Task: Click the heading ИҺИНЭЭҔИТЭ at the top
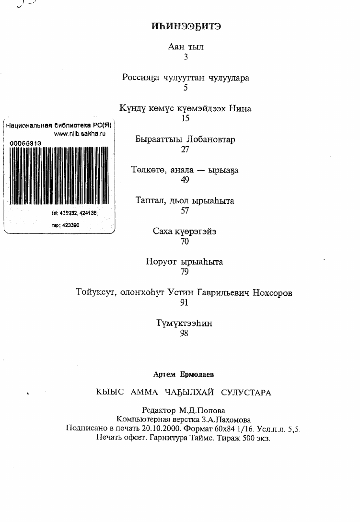click(186, 26)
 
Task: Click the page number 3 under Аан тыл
click(186, 57)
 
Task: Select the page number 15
click(186, 118)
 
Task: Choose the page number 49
click(185, 180)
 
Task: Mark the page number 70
click(185, 242)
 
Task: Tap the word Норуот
click(162, 262)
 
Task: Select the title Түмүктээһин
click(184, 323)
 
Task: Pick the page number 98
click(184, 334)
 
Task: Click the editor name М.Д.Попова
click(202, 410)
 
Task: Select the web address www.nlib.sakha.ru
click(80, 134)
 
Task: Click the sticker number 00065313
click(25, 143)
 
